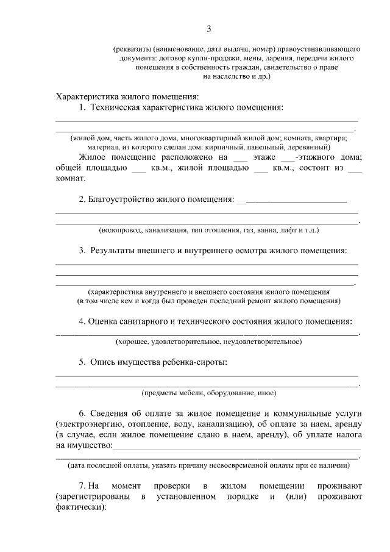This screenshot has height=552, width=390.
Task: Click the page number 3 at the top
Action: (x=208, y=29)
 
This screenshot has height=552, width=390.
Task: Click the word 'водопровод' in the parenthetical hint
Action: (x=121, y=231)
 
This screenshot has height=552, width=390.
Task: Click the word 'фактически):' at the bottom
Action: (x=80, y=507)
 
